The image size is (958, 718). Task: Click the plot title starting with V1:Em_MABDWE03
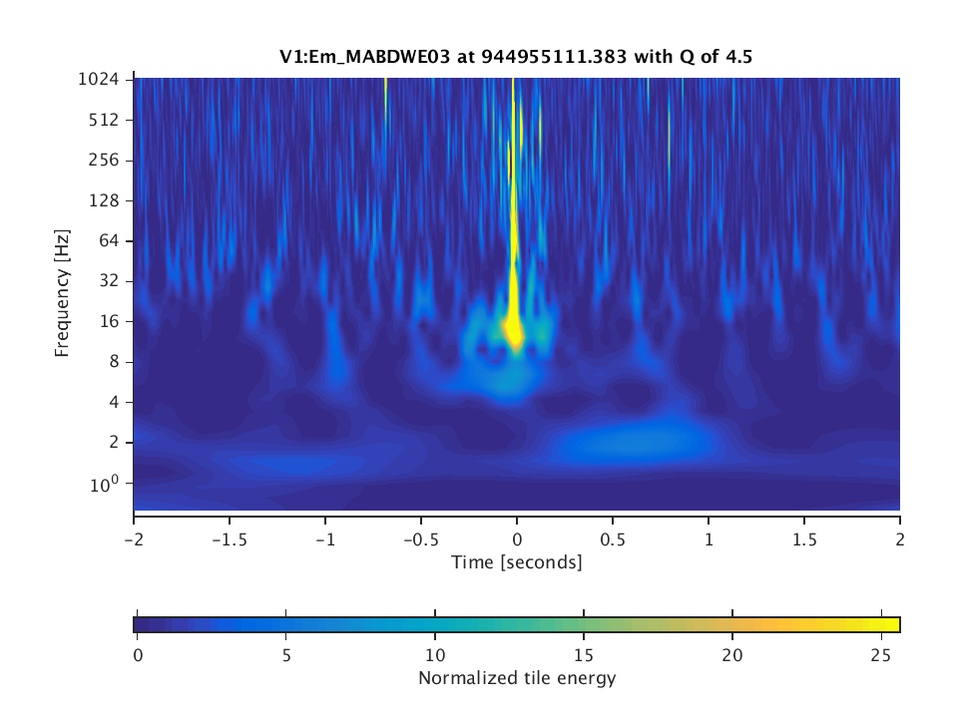516,57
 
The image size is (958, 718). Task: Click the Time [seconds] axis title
516,562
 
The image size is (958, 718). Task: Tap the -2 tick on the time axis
134,537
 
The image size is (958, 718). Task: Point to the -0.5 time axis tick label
420,537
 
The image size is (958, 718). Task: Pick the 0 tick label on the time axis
517,537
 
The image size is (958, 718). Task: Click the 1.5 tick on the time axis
804,537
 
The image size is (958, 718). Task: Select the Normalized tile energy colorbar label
517,679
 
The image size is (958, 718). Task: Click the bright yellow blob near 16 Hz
514,328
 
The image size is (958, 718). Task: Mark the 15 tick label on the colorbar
583,655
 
